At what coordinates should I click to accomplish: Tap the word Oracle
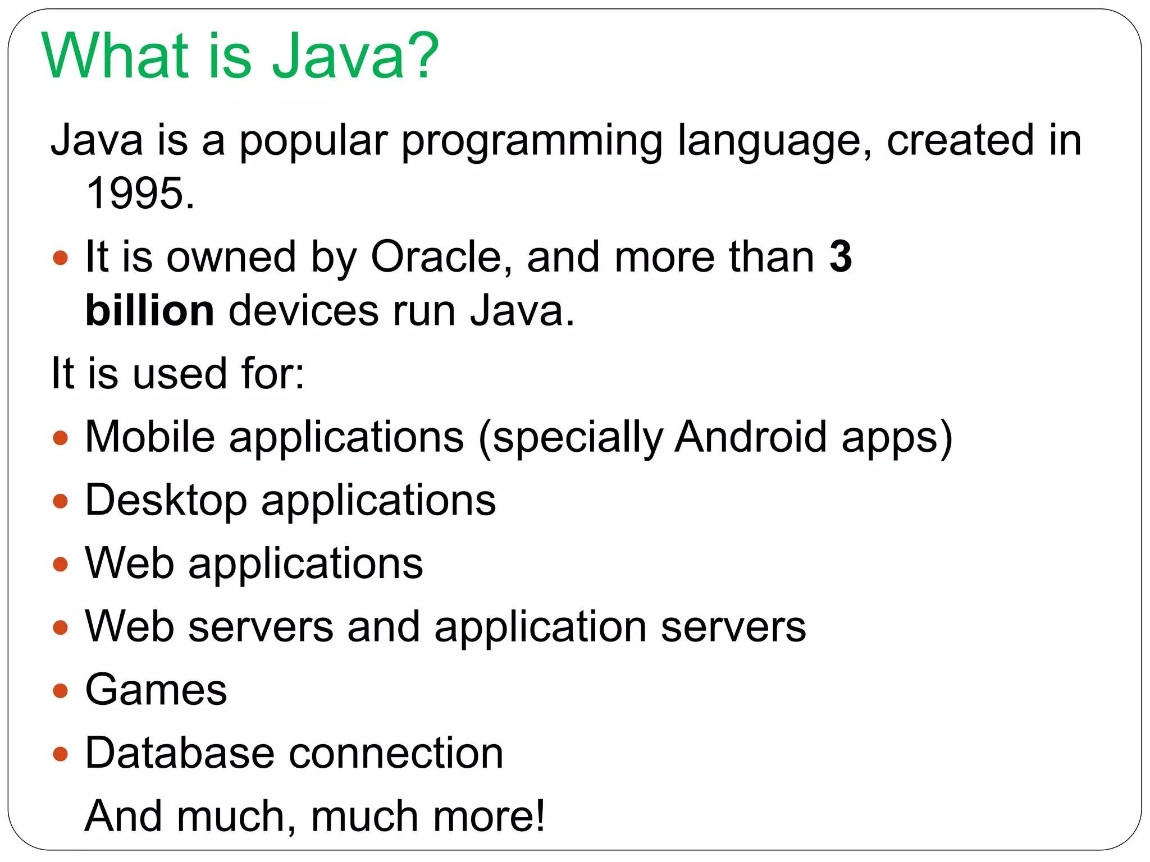[x=436, y=257]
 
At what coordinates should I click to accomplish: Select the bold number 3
[x=840, y=257]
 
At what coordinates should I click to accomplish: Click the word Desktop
[x=166, y=500]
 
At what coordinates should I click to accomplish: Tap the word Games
[x=156, y=690]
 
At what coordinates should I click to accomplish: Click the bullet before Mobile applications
[x=60, y=438]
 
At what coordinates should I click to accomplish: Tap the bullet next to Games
[x=60, y=691]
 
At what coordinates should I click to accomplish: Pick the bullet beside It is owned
[x=60, y=258]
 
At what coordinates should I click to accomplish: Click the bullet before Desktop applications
[x=60, y=501]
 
